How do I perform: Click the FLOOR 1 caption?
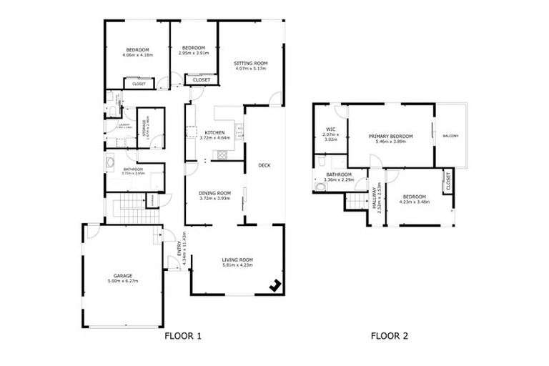pyautogui.click(x=183, y=335)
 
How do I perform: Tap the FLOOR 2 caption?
pyautogui.click(x=389, y=335)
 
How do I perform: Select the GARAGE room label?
pyautogui.click(x=123, y=275)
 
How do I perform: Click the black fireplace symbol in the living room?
pyautogui.click(x=274, y=285)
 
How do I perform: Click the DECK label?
pyautogui.click(x=264, y=166)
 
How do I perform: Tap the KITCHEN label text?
pyautogui.click(x=215, y=133)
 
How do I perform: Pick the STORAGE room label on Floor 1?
pyautogui.click(x=145, y=128)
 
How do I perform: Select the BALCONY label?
pyautogui.click(x=450, y=136)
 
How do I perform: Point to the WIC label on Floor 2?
pyautogui.click(x=330, y=129)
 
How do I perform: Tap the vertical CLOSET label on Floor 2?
pyautogui.click(x=447, y=182)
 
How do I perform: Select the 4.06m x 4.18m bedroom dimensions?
pyautogui.click(x=137, y=55)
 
